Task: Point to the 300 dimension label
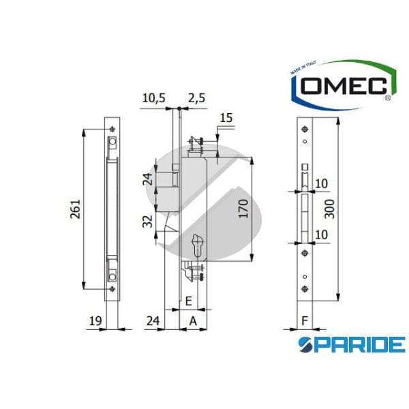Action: [330, 209]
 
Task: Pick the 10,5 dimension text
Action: [153, 98]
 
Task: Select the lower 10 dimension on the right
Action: [322, 234]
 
